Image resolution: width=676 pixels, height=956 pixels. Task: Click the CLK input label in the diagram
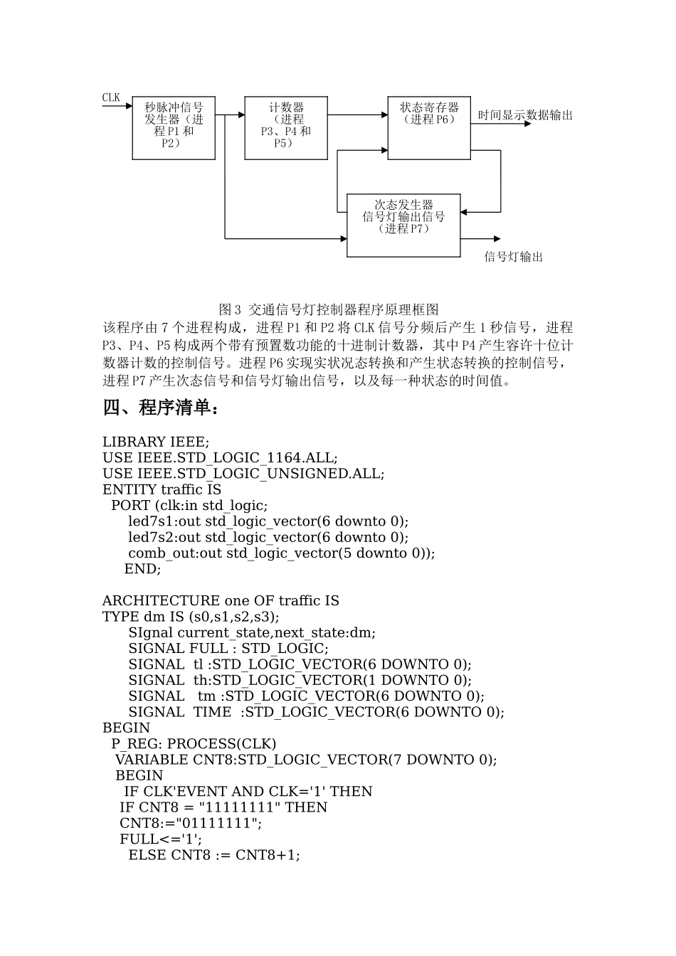[111, 98]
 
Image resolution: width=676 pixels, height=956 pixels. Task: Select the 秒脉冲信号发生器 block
[174, 127]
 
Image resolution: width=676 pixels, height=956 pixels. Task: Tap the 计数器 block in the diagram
[286, 127]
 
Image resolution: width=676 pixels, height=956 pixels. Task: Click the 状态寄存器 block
[429, 127]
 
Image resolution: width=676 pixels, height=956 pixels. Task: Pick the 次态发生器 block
[403, 225]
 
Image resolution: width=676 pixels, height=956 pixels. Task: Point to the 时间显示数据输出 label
[525, 115]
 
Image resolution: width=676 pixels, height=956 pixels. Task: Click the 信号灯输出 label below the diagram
[514, 257]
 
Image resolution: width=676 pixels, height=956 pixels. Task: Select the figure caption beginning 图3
[329, 309]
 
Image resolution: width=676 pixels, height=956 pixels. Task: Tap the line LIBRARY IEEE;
[156, 442]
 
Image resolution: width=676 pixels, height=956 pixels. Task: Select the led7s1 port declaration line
[268, 521]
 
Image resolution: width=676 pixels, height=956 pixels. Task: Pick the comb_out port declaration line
[281, 553]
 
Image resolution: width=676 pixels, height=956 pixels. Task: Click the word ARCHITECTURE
[161, 600]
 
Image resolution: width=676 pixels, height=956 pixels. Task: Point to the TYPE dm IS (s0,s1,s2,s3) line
[191, 616]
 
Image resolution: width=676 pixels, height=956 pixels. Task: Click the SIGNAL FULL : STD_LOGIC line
[228, 648]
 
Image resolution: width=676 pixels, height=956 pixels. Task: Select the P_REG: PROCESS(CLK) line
[194, 743]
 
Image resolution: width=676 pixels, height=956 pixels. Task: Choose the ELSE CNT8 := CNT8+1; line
[214, 854]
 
